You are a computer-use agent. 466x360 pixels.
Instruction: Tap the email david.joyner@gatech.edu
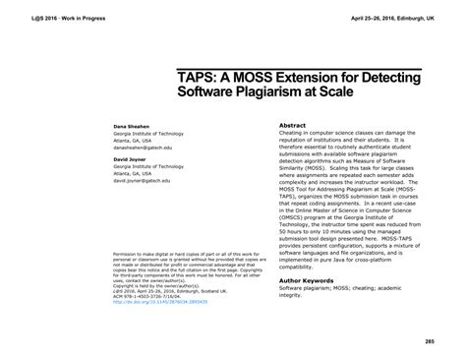pyautogui.click(x=146, y=182)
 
